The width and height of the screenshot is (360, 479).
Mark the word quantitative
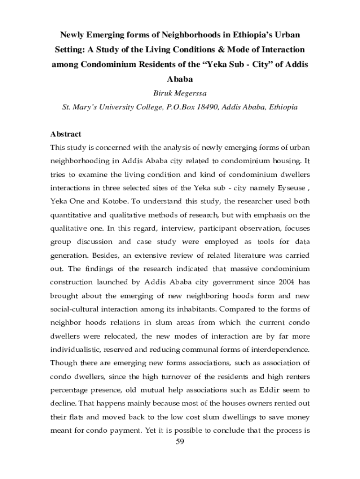pyautogui.click(x=73, y=215)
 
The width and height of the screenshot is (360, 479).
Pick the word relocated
pyautogui.click(x=119, y=336)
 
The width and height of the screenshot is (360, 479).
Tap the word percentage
pyautogui.click(x=69, y=390)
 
